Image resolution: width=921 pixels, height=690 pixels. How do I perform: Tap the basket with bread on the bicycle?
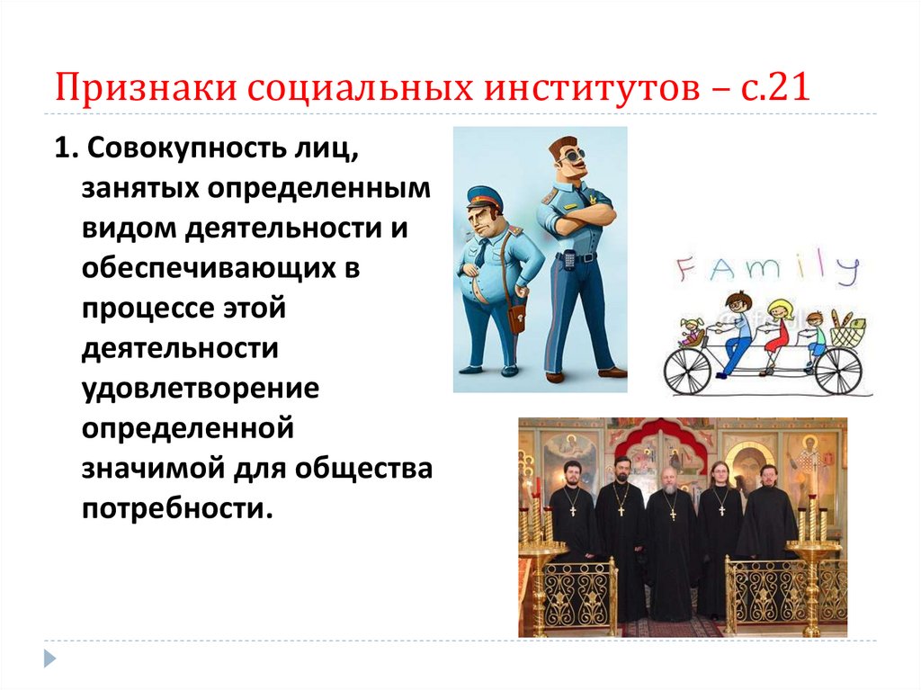[846, 331]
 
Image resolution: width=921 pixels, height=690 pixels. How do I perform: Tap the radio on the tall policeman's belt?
[569, 261]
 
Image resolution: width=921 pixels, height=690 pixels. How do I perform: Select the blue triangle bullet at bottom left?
[50, 658]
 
